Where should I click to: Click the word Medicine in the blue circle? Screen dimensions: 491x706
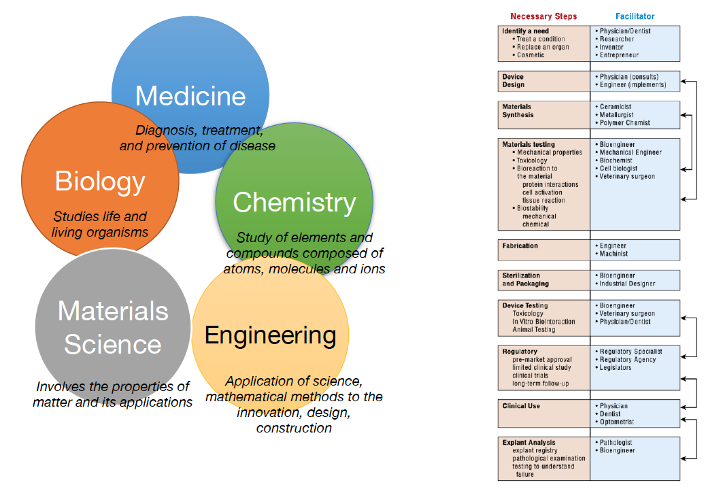click(190, 96)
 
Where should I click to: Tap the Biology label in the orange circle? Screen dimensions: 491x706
click(100, 182)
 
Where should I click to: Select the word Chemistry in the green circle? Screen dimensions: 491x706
click(294, 202)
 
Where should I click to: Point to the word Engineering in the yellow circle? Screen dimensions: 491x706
click(270, 335)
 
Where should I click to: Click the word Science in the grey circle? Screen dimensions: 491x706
click(113, 344)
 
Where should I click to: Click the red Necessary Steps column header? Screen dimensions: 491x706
click(543, 16)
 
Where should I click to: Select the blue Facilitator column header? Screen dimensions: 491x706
click(635, 16)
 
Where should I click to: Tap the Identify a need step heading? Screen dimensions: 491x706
click(525, 31)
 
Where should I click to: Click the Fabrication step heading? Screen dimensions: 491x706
click(520, 246)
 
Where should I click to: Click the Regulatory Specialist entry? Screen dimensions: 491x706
click(631, 352)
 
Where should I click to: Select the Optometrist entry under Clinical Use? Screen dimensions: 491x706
click(618, 422)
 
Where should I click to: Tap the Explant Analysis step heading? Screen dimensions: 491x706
click(529, 443)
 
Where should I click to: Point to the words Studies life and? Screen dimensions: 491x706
click(100, 217)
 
